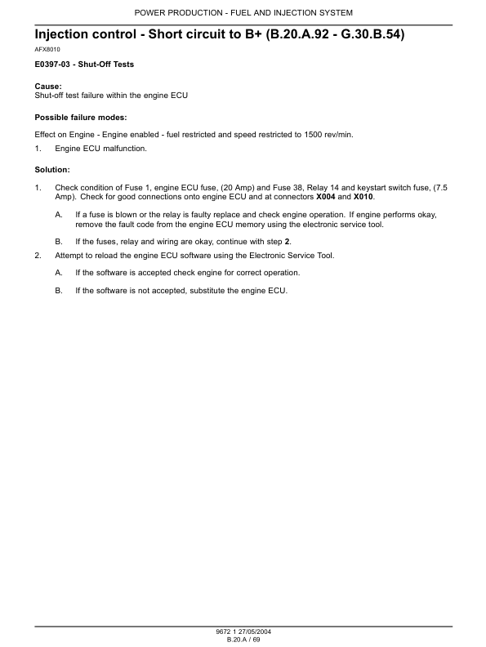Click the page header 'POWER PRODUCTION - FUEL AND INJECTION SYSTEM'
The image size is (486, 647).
coord(243,13)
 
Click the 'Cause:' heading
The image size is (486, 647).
coord(47,86)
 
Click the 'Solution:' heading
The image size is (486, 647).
coord(52,169)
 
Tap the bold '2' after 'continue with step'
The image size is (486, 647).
coord(287,243)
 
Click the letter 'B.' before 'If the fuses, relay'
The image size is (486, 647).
coord(59,243)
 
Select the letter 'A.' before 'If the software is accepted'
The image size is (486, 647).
coord(59,272)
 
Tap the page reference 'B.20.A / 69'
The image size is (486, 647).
coord(243,640)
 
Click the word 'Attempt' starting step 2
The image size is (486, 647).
coord(69,256)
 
